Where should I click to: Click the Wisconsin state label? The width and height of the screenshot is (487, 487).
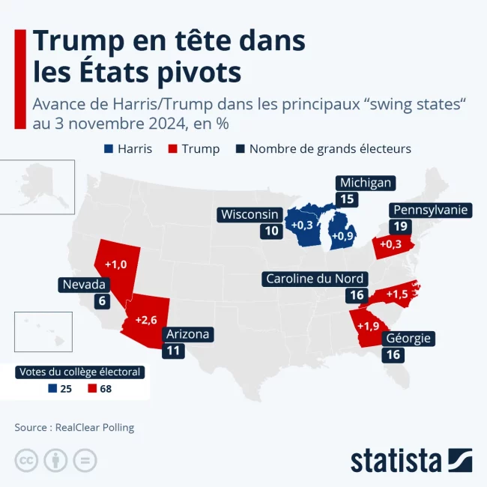point(250,214)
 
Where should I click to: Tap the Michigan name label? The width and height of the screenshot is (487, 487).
point(365,183)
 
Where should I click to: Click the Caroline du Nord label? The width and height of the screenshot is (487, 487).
point(315,279)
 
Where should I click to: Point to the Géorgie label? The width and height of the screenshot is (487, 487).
point(408,338)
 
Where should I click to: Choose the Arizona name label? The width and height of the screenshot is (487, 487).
point(187,334)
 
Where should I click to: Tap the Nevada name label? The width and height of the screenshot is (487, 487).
point(84,285)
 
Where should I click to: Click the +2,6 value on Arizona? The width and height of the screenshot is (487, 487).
point(145,320)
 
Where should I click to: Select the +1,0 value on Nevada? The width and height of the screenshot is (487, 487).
point(115,264)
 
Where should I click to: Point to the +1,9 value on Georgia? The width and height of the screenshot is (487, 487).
point(368,326)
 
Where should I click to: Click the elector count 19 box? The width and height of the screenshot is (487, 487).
point(399,226)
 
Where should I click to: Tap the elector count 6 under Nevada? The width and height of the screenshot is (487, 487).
point(100,301)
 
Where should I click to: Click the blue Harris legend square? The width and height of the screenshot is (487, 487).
point(109,148)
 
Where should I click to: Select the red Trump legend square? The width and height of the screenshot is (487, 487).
point(172,148)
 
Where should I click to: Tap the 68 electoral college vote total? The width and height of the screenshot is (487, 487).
point(105,388)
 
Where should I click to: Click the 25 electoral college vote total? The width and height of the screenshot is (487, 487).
point(65,388)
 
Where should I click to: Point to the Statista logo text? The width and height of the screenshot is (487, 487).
point(396,460)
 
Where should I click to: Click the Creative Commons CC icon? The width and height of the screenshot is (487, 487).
point(26,460)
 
